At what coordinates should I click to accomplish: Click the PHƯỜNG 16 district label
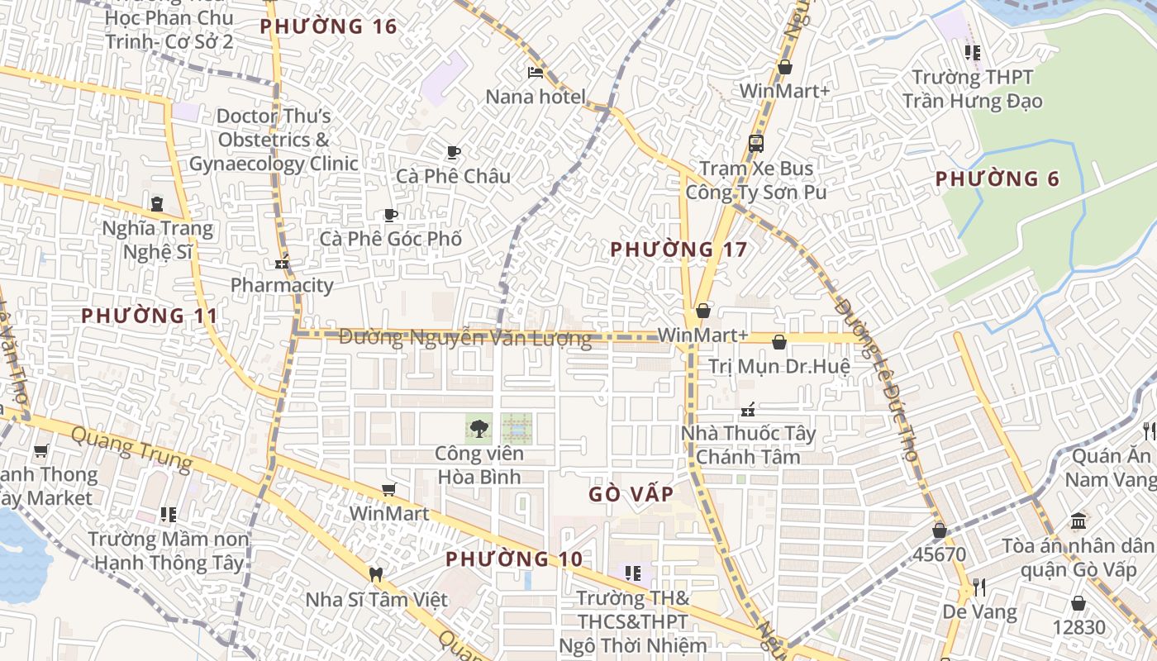point(328,26)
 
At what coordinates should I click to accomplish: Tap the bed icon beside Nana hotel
point(536,73)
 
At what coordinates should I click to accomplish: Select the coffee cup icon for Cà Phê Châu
point(453,152)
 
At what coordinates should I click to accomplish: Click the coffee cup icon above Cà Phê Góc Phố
point(391,216)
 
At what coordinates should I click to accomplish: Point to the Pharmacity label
point(282,286)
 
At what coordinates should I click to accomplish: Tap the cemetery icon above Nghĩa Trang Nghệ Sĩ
point(156,203)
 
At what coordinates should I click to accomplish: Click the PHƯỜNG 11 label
point(150,316)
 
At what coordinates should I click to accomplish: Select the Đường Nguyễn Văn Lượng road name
point(465,338)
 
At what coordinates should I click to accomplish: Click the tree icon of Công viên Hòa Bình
point(479,428)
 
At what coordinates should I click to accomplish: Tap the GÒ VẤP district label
point(631,494)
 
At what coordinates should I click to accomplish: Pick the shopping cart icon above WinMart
point(388,490)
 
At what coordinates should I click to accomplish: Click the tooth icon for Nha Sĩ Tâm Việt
point(376,574)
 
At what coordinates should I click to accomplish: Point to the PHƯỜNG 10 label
point(514,559)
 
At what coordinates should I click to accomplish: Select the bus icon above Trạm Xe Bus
point(755,144)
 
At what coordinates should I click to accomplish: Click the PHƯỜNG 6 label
point(997,179)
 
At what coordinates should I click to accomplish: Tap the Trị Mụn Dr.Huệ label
point(778,366)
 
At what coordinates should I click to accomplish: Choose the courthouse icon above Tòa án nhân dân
point(1078,521)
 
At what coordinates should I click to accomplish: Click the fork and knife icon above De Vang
point(979,587)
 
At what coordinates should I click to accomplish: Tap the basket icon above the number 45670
point(939,530)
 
